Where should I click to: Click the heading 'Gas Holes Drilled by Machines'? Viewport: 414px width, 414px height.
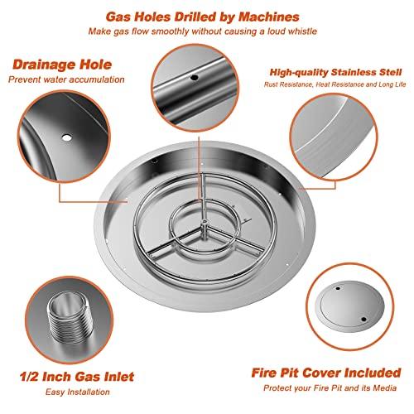click(203, 17)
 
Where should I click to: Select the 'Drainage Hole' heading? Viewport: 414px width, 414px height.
click(62, 65)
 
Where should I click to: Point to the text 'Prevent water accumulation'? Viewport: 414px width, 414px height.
click(66, 79)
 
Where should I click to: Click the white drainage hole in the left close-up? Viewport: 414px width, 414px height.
click(66, 137)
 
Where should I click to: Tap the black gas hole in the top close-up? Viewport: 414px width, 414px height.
click(195, 77)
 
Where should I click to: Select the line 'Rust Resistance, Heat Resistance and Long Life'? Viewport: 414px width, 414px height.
click(335, 84)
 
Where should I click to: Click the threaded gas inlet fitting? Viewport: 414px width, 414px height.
click(69, 316)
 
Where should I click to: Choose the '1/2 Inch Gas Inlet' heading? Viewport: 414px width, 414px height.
click(77, 377)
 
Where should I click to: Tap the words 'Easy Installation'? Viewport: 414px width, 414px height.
click(78, 392)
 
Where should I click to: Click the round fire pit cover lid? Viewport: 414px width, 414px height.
click(349, 306)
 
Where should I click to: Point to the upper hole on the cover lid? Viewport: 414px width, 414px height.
click(338, 289)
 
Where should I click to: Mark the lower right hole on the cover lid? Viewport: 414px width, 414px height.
click(363, 320)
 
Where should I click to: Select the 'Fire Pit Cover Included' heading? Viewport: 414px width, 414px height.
click(326, 373)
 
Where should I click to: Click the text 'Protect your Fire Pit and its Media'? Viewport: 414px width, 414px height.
click(330, 388)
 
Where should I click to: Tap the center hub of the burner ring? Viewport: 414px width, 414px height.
click(205, 223)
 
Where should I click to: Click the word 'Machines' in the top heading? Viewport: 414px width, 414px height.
click(269, 17)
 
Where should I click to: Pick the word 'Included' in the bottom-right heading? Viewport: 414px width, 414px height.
click(373, 373)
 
